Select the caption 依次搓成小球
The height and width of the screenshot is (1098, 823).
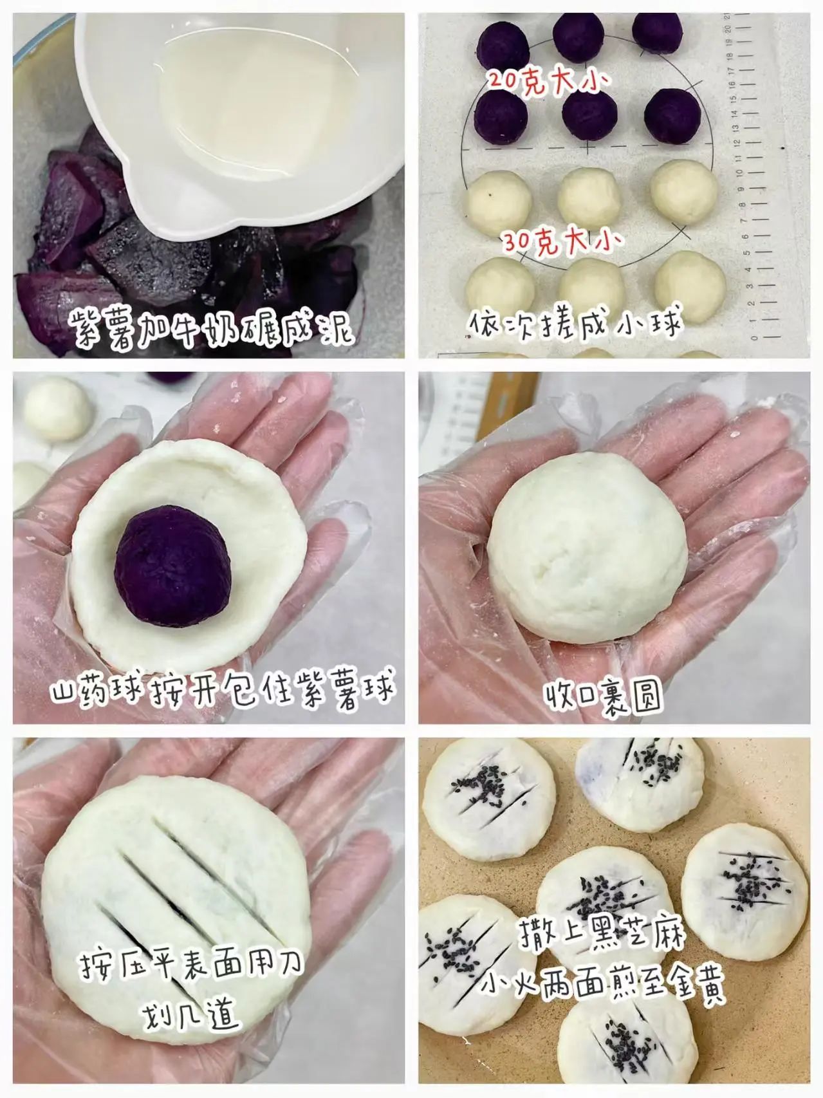tap(574, 324)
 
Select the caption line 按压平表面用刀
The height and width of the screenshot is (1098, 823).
tap(190, 966)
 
